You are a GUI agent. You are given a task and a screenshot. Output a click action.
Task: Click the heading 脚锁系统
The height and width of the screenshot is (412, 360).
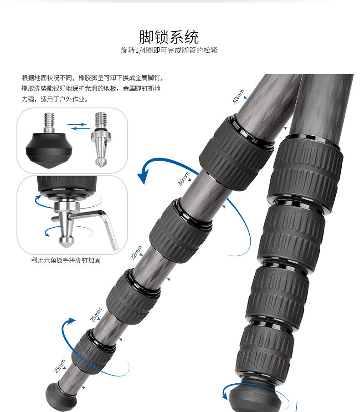(169, 36)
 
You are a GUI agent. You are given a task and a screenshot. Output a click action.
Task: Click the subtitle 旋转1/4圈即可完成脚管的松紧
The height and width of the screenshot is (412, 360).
(169, 50)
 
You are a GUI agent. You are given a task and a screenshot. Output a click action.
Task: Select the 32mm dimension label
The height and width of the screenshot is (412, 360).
(136, 252)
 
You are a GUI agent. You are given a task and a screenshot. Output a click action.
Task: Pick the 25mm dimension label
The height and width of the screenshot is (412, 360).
(60, 366)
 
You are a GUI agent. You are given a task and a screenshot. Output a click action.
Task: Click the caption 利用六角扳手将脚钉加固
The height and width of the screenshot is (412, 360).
(66, 260)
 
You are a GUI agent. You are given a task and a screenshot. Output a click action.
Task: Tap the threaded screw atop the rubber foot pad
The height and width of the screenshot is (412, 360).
(48, 122)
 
